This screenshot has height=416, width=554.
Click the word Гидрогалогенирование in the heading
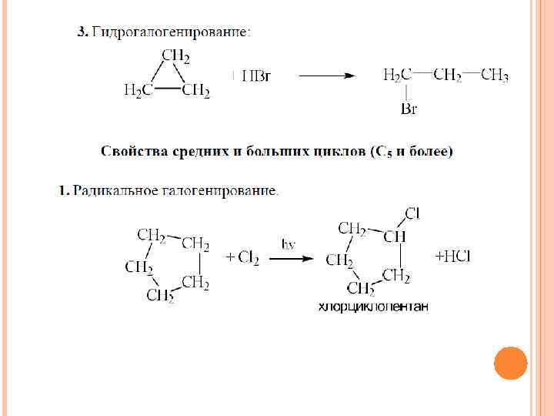170,32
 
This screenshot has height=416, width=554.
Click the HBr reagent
255,75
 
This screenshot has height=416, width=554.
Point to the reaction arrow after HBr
326,75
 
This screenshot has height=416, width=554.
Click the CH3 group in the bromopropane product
494,75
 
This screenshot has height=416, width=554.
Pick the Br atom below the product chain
409,109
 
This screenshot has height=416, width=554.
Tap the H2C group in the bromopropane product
397,75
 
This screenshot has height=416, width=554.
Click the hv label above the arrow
289,244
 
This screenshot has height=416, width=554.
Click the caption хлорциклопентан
373,307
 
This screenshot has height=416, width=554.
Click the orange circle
510,363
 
